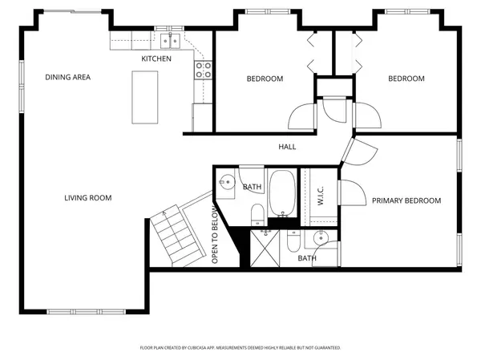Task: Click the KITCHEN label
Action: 156,59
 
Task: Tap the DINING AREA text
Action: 67,78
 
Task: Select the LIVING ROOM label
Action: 88,197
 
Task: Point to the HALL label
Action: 287,147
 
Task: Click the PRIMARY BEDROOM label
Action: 406,200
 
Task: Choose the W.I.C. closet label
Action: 320,198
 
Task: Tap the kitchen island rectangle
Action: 145,97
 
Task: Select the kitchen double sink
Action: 169,41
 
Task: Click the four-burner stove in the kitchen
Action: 202,70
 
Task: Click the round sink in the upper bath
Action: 225,181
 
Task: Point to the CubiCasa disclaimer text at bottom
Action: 240,348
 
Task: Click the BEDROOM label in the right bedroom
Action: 406,79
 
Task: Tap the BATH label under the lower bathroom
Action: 307,258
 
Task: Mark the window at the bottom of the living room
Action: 81,310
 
